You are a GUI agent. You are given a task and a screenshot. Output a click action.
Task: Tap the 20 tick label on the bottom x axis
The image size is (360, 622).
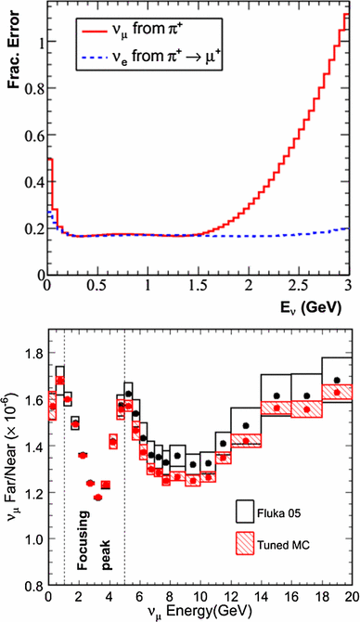click(x=351, y=597)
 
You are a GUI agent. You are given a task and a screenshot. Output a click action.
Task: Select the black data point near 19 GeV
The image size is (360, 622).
click(x=336, y=381)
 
